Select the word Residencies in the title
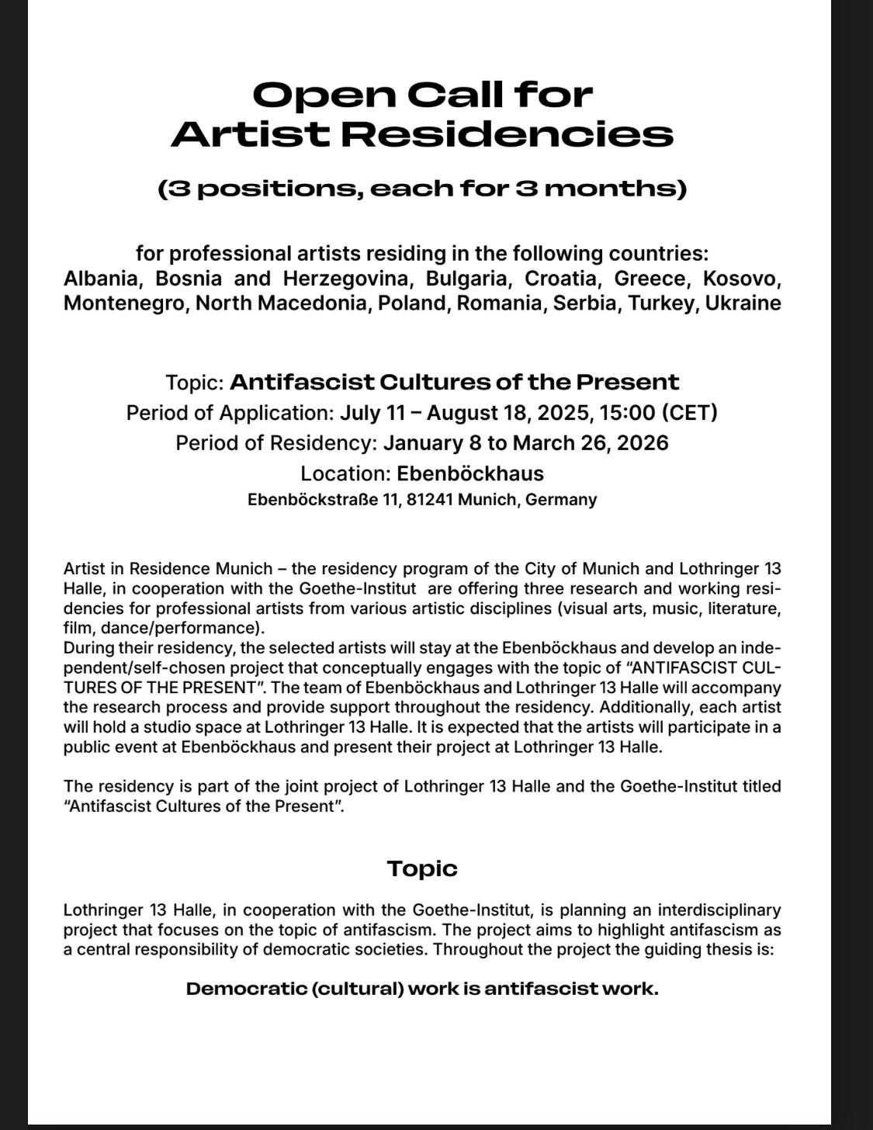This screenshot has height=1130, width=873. point(508,134)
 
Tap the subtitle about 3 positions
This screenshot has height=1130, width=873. point(422,189)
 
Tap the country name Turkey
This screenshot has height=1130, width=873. point(662,303)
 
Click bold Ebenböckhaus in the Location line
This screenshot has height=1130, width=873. point(470,473)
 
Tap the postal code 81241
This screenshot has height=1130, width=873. point(429,500)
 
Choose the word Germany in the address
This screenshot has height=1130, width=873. point(561,500)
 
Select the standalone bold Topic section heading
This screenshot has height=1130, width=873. point(422,868)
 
